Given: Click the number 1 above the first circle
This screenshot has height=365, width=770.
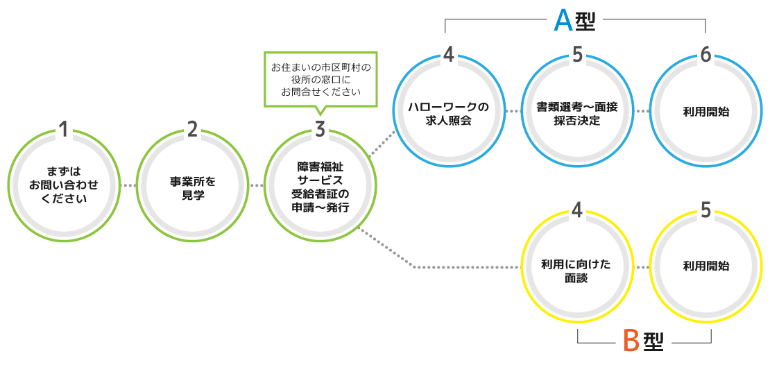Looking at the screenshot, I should pos(64,130).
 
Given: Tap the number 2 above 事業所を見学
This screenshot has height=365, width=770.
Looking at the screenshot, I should pos(191,130).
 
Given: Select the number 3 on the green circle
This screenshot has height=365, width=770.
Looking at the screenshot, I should pos(319,130).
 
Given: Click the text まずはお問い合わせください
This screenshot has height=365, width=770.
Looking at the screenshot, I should pos(64,186).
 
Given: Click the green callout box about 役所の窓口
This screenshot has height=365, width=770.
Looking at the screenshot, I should pos(320,79).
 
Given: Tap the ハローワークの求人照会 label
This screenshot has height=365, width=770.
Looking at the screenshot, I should pos(449,112).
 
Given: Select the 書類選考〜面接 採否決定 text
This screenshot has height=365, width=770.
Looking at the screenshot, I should pos(577,112).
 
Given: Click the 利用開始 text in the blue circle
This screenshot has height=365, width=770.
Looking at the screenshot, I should pos(705,111).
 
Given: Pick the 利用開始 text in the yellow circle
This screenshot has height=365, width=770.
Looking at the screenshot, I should pos(705,266).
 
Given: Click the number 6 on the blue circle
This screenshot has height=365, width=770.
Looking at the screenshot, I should pos(705,55).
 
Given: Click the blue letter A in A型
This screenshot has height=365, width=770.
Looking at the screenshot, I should pos(563,21).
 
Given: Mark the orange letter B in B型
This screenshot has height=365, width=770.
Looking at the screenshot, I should pos(631,341).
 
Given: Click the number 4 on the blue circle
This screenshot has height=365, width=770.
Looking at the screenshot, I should pos(449,55).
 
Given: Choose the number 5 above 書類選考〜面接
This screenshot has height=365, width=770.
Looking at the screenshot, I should pos(577,55).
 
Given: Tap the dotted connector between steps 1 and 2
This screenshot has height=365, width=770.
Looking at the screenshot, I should pos(128,186).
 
